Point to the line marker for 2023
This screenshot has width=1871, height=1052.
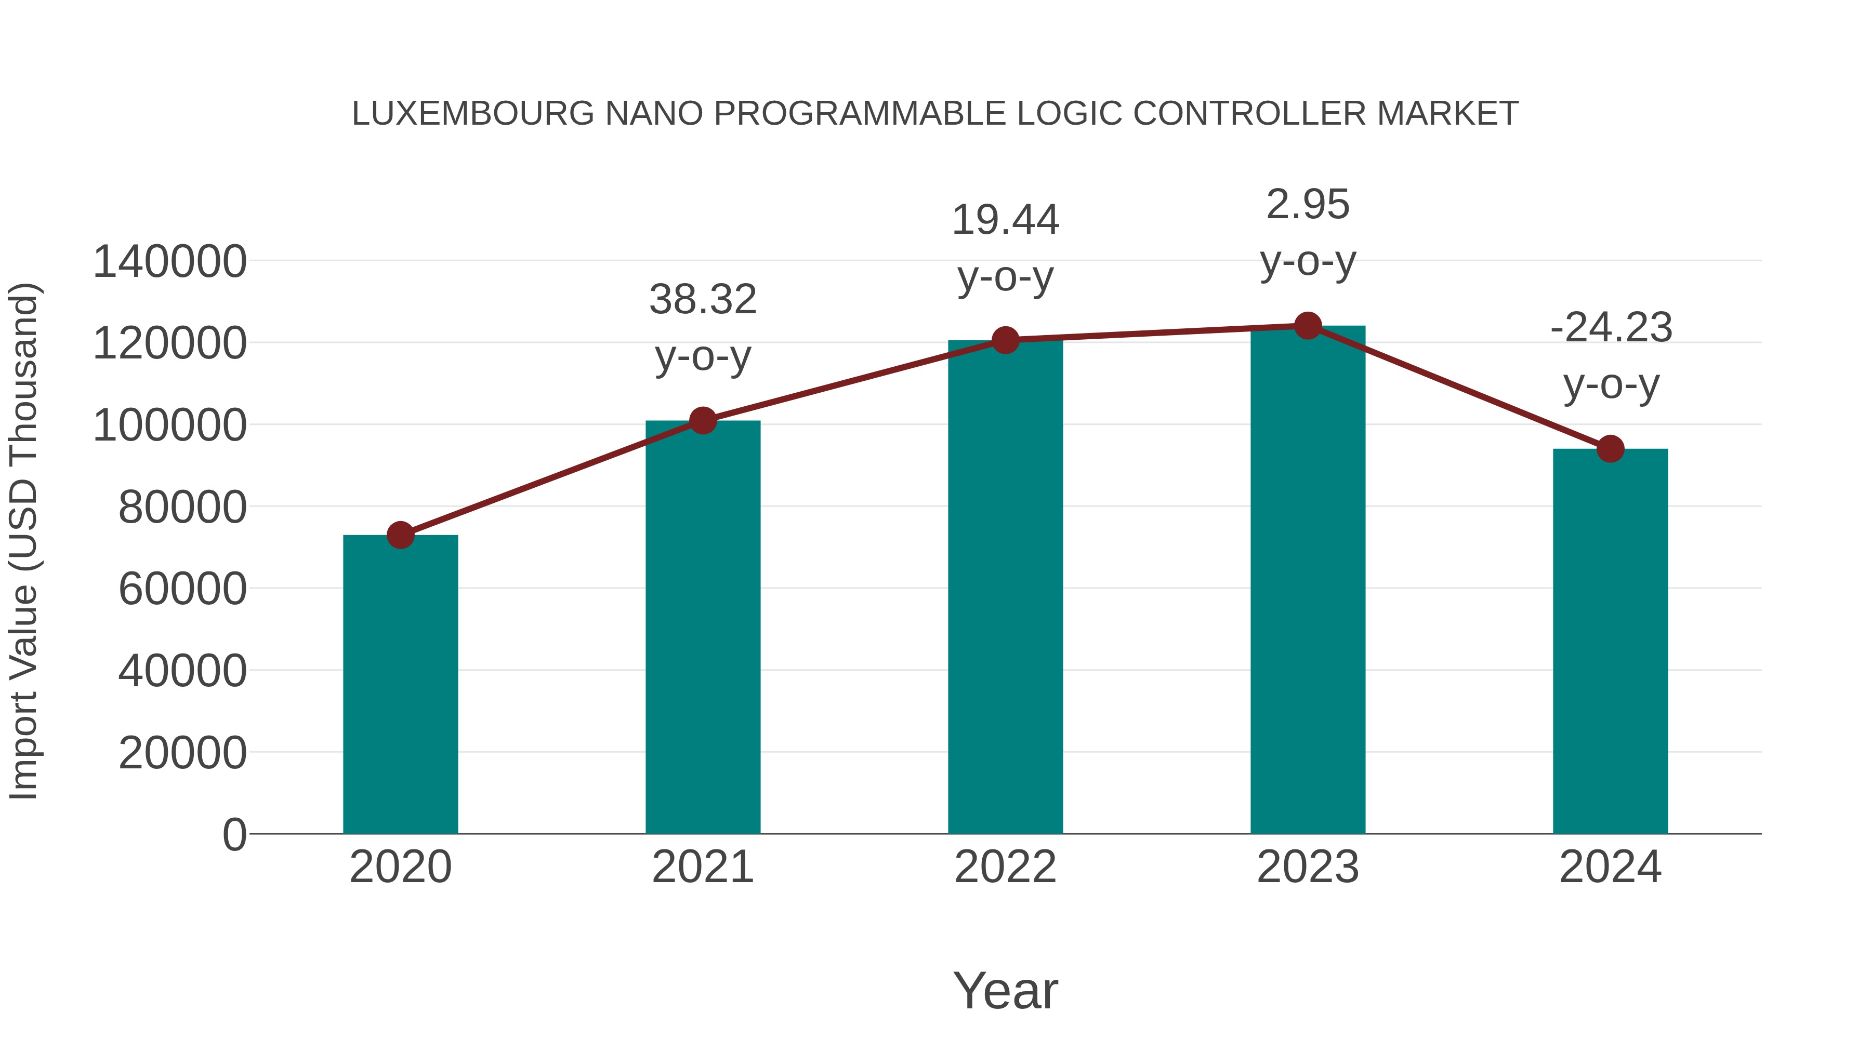pos(1308,326)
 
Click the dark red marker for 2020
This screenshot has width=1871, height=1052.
pos(400,536)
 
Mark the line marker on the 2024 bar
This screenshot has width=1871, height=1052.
pos(1610,449)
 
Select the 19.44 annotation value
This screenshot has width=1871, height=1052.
pos(1005,220)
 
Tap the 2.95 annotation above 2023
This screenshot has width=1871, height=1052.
pos(1308,205)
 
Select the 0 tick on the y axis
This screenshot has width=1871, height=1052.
pos(234,834)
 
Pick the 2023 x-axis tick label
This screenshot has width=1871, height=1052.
pos(1308,867)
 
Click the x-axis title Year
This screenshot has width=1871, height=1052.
pos(1005,990)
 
